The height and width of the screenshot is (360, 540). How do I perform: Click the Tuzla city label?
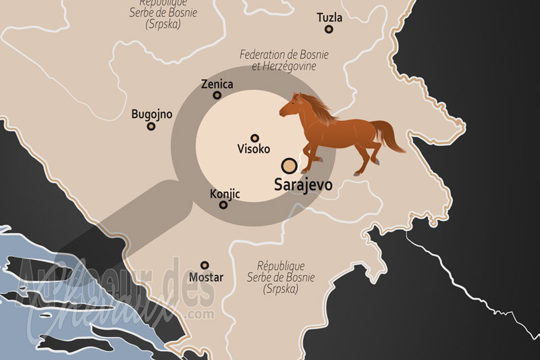[329, 17]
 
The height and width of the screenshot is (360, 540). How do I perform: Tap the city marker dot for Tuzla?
[329, 29]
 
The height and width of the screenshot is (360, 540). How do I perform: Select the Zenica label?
[217, 84]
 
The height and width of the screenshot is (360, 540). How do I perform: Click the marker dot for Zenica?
[217, 95]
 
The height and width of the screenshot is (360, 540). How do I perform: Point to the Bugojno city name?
[151, 114]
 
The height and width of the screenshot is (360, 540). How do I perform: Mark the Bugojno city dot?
[151, 126]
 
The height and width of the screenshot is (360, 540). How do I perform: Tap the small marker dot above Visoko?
[254, 137]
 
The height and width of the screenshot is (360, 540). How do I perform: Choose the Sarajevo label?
[302, 184]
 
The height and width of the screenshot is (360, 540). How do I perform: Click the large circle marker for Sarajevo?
[290, 165]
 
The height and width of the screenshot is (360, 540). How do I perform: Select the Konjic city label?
[225, 193]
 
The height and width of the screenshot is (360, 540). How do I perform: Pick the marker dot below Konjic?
[223, 204]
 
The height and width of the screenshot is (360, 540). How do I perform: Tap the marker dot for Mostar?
[205, 265]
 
